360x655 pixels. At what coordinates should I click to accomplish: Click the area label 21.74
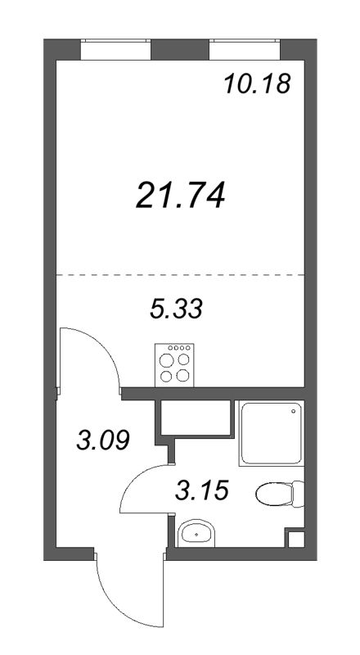(181, 195)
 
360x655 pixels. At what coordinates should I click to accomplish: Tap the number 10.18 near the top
(257, 84)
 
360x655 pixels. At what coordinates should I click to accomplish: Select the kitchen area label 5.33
(176, 309)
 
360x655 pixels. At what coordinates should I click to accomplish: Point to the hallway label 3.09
(103, 440)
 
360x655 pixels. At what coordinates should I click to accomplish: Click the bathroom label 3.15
(202, 490)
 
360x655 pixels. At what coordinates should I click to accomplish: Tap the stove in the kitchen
(174, 364)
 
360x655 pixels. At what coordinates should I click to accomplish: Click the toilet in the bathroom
(280, 494)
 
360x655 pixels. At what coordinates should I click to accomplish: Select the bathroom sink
(196, 533)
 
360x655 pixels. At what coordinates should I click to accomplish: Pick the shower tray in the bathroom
(271, 433)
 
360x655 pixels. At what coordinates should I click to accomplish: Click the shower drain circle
(294, 411)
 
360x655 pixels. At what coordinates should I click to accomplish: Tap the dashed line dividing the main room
(180, 275)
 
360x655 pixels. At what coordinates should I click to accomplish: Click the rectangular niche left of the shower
(196, 418)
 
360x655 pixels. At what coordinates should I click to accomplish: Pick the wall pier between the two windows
(180, 50)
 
